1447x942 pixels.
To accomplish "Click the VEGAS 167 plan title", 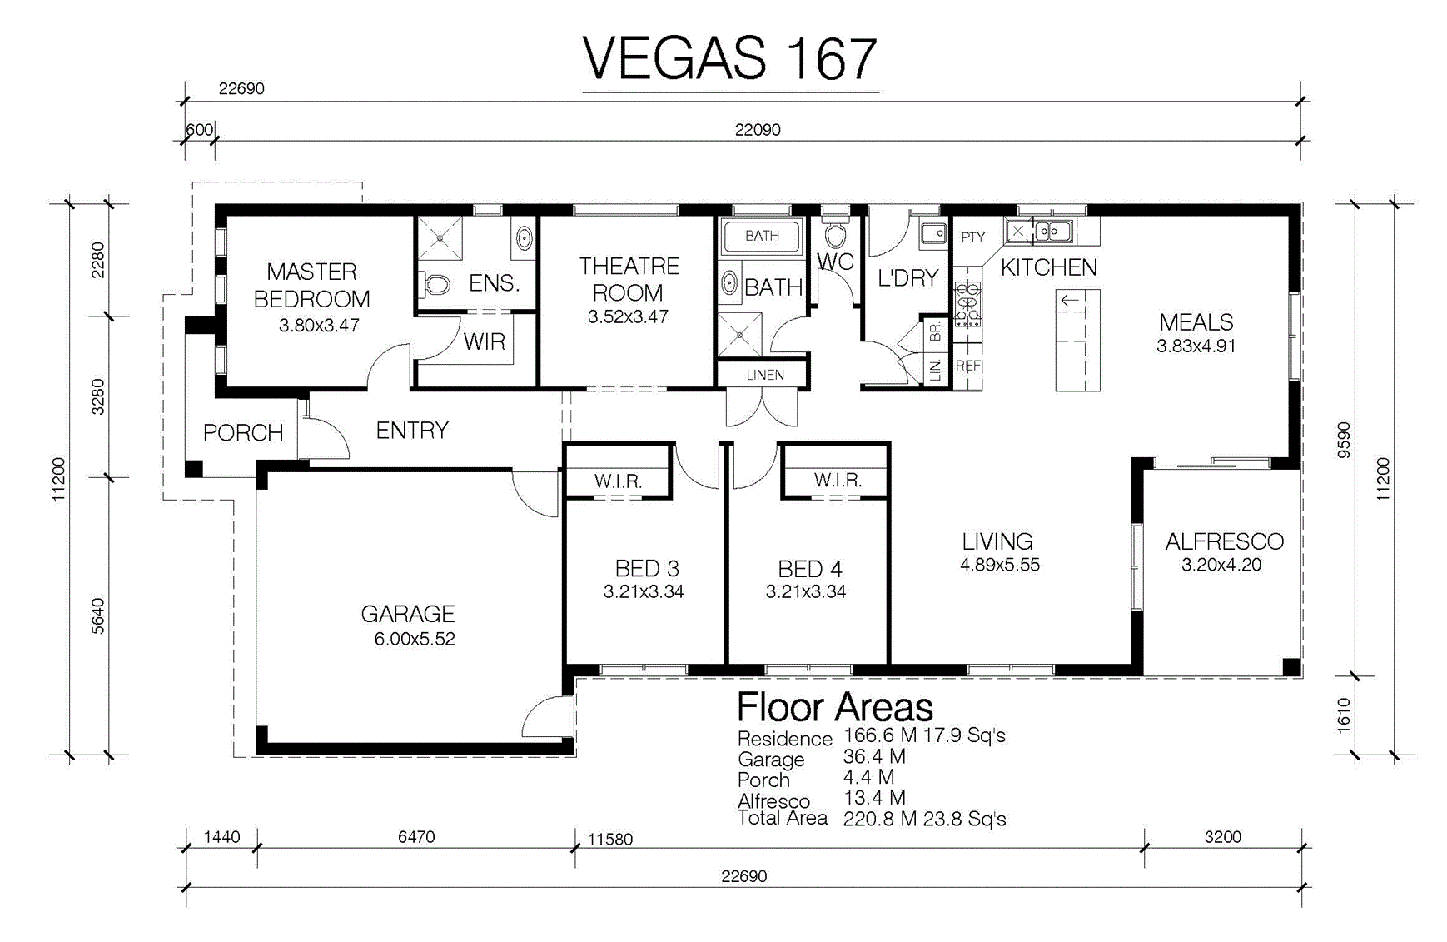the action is (x=729, y=58).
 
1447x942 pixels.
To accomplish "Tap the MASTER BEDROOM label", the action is (x=311, y=285).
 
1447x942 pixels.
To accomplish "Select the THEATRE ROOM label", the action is (x=629, y=279).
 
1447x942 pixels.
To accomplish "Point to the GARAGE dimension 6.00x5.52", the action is (x=415, y=639).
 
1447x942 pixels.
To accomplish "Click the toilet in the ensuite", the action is (x=435, y=284).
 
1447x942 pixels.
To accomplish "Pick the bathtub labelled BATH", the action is (x=762, y=236).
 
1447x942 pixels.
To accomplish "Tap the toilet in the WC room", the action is (x=835, y=235).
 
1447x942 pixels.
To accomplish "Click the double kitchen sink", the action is (x=1052, y=230).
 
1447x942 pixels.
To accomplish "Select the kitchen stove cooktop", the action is (x=967, y=304).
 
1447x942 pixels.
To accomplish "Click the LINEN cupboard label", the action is (x=765, y=375).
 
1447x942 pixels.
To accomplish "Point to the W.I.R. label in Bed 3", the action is (x=618, y=481).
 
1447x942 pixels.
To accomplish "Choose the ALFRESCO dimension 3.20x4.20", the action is (x=1221, y=565).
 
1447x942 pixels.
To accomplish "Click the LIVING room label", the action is (x=997, y=541).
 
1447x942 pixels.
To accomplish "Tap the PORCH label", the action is (x=243, y=432).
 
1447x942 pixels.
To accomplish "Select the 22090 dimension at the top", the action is (x=758, y=129).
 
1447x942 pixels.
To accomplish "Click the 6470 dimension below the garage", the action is (x=416, y=836).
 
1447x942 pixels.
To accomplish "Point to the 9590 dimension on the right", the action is (x=1344, y=440).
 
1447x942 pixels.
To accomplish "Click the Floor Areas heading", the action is (x=835, y=707).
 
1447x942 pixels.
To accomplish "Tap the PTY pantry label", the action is (x=972, y=237).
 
